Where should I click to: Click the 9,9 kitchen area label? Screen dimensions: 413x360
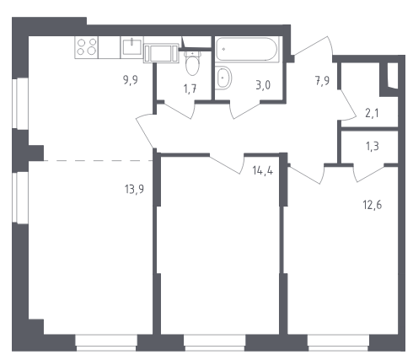[131, 80]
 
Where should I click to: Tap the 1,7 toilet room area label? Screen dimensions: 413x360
[190, 89]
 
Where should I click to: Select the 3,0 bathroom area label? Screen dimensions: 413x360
[263, 85]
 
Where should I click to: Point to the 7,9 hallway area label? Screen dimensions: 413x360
[322, 81]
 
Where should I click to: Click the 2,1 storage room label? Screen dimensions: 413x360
[372, 113]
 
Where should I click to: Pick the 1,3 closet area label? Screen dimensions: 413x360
[373, 146]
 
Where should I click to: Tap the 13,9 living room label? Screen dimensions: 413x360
[134, 189]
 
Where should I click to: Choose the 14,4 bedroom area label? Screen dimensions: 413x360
[263, 170]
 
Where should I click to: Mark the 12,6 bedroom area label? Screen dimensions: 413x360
[373, 205]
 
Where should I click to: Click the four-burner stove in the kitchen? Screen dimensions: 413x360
[86, 47]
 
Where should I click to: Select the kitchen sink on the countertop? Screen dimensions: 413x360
[131, 47]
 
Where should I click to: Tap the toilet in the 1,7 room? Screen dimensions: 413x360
[193, 63]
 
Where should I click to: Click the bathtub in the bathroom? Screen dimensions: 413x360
[246, 49]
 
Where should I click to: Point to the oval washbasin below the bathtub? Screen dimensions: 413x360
[223, 78]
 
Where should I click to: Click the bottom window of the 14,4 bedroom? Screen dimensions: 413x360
[215, 343]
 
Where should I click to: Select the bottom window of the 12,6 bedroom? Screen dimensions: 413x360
[339, 343]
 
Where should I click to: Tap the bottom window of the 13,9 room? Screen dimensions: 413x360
[106, 343]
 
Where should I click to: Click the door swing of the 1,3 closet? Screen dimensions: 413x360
[368, 175]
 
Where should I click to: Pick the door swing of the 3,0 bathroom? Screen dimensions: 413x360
[245, 110]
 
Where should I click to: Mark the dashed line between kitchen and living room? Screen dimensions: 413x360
[99, 161]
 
